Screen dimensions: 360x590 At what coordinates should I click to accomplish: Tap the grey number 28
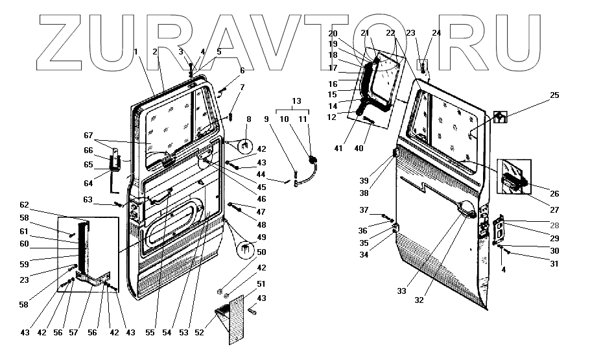pos(554,225)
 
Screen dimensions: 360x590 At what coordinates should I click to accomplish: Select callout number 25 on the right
pos(554,95)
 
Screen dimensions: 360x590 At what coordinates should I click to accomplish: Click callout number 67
pos(89,135)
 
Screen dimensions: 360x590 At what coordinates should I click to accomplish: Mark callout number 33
pos(401,291)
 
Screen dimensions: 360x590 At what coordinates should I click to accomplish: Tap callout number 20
pos(333,33)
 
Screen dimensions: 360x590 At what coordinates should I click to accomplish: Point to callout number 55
pos(150,333)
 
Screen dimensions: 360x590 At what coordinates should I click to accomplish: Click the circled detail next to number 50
pos(245,250)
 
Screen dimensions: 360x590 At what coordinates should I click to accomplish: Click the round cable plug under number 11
pos(314,160)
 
